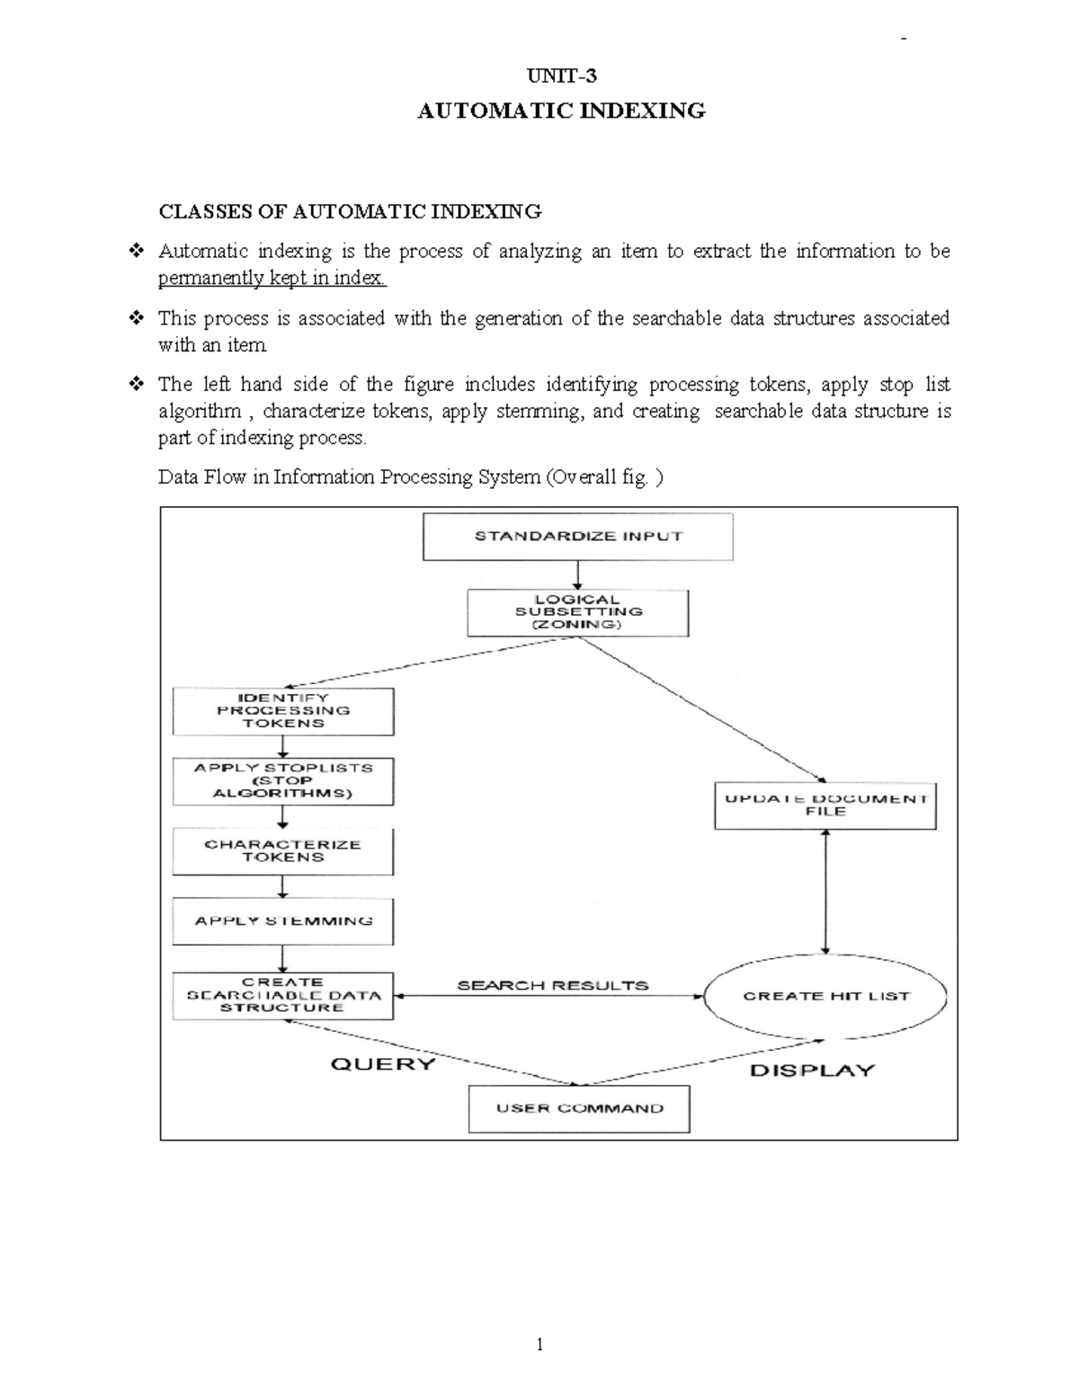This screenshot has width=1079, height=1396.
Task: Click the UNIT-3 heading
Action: pos(561,76)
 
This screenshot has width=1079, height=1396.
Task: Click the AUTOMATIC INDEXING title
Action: pos(561,111)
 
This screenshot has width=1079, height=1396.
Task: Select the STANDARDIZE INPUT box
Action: pos(578,537)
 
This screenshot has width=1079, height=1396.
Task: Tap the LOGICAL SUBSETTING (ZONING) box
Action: pos(577,613)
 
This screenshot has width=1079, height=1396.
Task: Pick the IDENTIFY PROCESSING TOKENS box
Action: pos(283,711)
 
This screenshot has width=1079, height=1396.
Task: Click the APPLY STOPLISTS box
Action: pos(283,781)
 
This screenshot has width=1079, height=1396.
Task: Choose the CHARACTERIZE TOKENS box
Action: pos(283,851)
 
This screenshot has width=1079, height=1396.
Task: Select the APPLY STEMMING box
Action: pos(283,921)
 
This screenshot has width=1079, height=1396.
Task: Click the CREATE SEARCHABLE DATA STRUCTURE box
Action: pos(283,995)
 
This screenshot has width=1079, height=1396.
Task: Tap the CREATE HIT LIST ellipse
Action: pos(825,996)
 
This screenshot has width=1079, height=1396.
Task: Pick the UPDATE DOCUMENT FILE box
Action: pos(825,805)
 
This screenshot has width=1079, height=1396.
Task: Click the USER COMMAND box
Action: pos(579,1108)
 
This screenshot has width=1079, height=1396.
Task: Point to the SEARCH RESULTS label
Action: pos(552,985)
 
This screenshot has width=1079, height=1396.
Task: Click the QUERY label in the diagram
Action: pos(383,1064)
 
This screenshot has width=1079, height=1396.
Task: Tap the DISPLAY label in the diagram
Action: pos(812,1071)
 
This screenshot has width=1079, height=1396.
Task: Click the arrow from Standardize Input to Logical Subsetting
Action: pos(578,574)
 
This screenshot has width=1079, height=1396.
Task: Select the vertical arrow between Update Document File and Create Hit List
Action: pos(825,892)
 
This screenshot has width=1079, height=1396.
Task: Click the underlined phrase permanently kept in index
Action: pos(272,278)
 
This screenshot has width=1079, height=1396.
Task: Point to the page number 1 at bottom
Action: pos(539,1345)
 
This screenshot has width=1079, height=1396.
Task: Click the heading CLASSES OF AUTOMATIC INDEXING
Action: pos(350,211)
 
